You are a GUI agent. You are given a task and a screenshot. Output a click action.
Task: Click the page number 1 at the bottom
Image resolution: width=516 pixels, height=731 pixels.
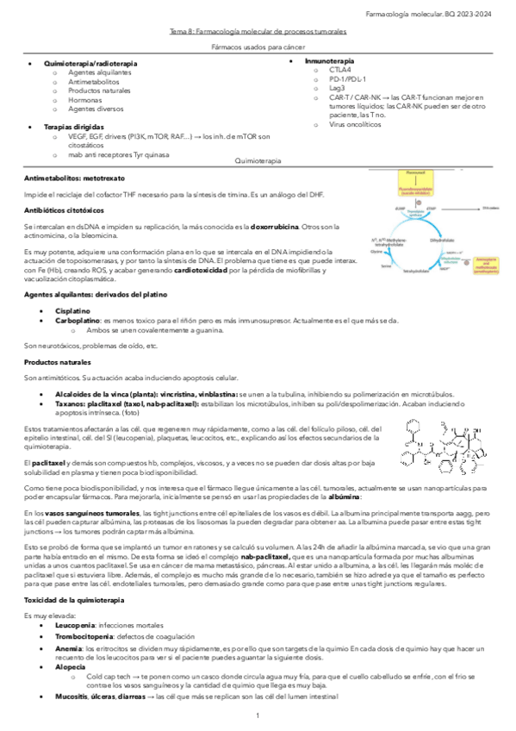pyautogui.click(x=258, y=716)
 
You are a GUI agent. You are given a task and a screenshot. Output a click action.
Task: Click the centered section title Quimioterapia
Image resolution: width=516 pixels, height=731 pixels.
pyautogui.click(x=258, y=161)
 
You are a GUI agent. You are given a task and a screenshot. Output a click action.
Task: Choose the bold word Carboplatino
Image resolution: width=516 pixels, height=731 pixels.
pyautogui.click(x=79, y=320)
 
